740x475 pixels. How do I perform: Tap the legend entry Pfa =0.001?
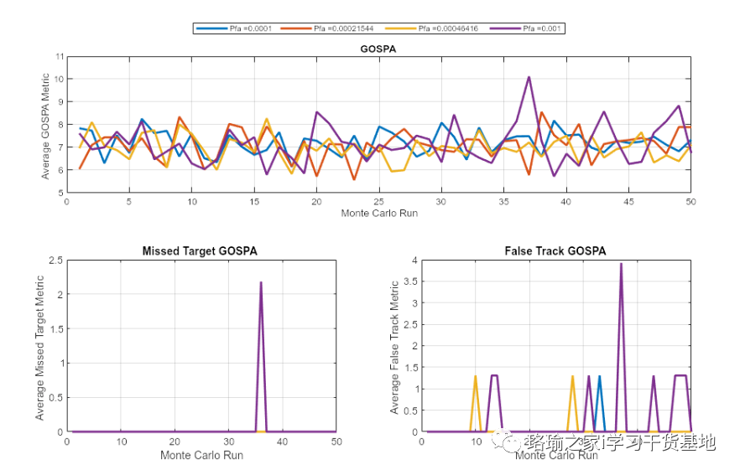coord(529,28)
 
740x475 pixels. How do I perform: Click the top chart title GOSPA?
coord(378,49)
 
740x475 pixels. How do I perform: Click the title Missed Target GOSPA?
coord(200,250)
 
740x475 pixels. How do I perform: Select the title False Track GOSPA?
coord(555,250)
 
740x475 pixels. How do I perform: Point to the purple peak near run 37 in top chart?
coord(529,77)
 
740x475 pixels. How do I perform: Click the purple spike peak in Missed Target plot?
coord(261,282)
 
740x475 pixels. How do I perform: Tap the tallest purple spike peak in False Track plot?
coord(621,264)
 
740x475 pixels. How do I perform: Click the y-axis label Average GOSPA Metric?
coord(46,125)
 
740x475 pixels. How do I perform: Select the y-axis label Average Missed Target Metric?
coord(40,346)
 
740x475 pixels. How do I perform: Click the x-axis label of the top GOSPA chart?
coord(378,213)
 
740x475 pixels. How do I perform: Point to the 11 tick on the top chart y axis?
coord(59,57)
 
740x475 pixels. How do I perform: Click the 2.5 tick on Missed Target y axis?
coord(55,261)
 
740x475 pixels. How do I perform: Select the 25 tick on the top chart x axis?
coord(378,201)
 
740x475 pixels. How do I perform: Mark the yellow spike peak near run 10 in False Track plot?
coord(476,376)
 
